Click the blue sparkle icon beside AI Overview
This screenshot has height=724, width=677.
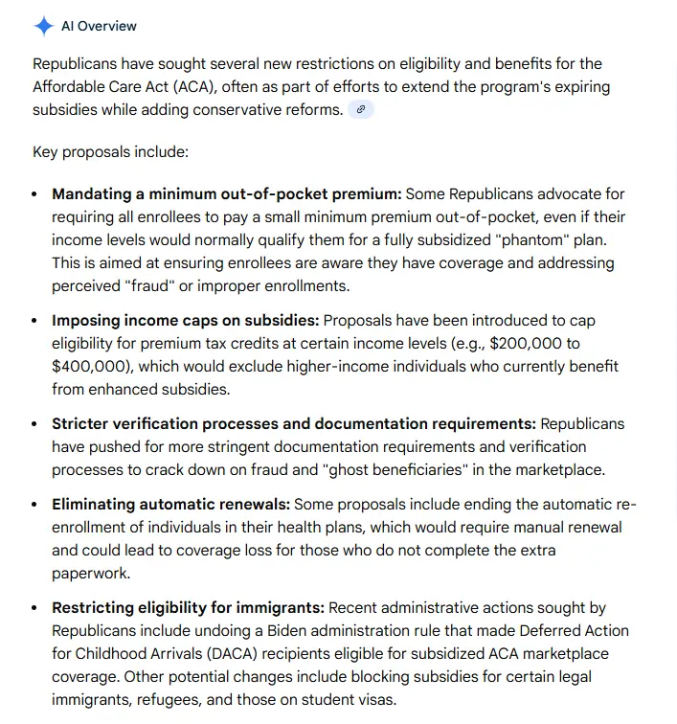(x=44, y=26)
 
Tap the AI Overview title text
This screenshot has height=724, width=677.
(x=99, y=26)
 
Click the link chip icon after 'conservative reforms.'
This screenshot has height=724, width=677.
(x=361, y=109)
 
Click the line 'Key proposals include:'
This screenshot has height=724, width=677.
(x=111, y=152)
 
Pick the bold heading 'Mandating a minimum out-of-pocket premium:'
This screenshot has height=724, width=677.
(x=226, y=194)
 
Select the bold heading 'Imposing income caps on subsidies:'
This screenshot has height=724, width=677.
(x=186, y=320)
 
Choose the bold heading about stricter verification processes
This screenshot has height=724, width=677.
(x=294, y=423)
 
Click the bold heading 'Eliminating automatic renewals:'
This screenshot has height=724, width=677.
(x=170, y=504)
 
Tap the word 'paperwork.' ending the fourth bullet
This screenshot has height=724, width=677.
(x=91, y=573)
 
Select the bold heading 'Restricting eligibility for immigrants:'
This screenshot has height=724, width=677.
(x=189, y=607)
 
